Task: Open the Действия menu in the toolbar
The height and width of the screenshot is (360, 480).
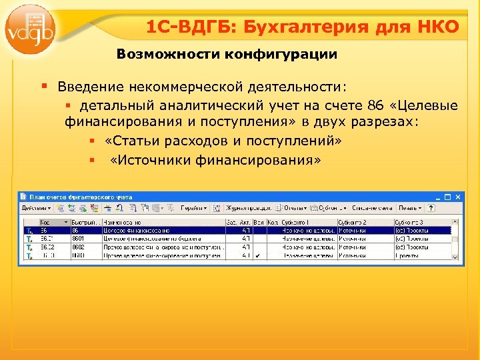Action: [x=33, y=209]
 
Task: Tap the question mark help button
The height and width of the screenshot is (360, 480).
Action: [x=450, y=209]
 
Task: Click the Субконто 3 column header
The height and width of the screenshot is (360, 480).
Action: [x=419, y=221]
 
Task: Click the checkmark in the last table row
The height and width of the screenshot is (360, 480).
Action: [x=257, y=255]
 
